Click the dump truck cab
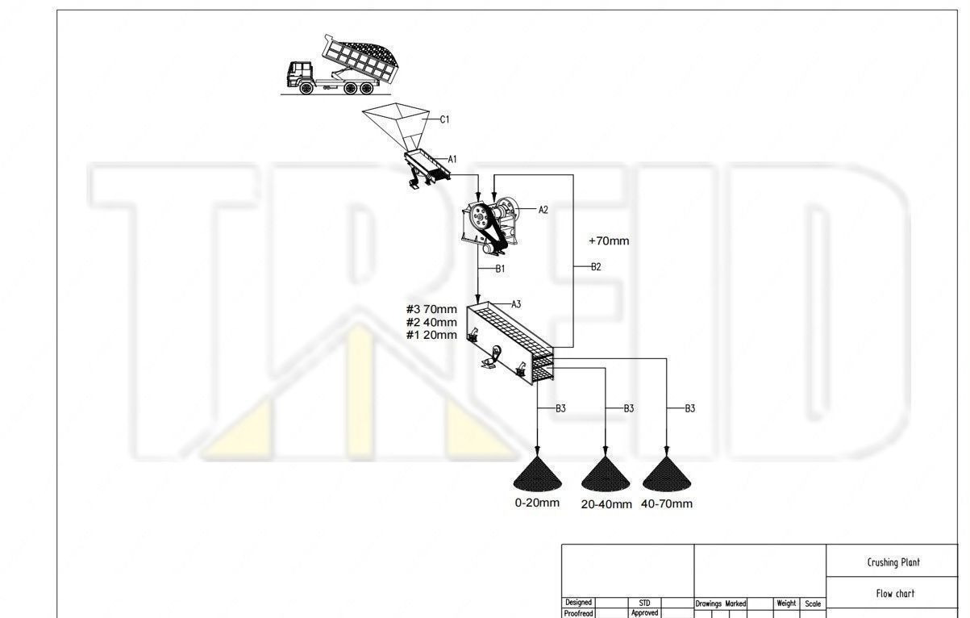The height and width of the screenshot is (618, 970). (299, 74)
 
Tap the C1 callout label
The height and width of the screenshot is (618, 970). (445, 119)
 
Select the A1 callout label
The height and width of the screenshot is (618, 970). (452, 160)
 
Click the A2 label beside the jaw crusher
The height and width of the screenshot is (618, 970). (543, 210)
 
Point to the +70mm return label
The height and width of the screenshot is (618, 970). (609, 241)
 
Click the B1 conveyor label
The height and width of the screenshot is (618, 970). (500, 269)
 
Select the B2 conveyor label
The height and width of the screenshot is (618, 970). (597, 266)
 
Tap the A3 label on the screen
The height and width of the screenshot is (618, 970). (516, 304)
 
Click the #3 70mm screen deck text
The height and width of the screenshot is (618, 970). (431, 310)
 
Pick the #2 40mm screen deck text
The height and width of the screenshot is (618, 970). (431, 323)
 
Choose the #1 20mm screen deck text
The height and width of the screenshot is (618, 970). (431, 335)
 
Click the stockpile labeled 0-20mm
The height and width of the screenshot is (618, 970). (537, 474)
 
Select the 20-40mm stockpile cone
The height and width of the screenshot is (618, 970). (606, 474)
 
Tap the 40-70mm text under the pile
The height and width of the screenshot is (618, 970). (667, 504)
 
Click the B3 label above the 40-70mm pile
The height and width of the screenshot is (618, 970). (690, 408)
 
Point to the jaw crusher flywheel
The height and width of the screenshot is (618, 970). (480, 216)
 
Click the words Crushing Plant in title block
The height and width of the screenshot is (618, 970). (893, 562)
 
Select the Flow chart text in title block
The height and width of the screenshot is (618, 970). (895, 593)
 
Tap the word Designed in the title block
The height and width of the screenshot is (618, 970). (579, 603)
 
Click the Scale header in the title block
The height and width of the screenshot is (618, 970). (813, 603)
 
